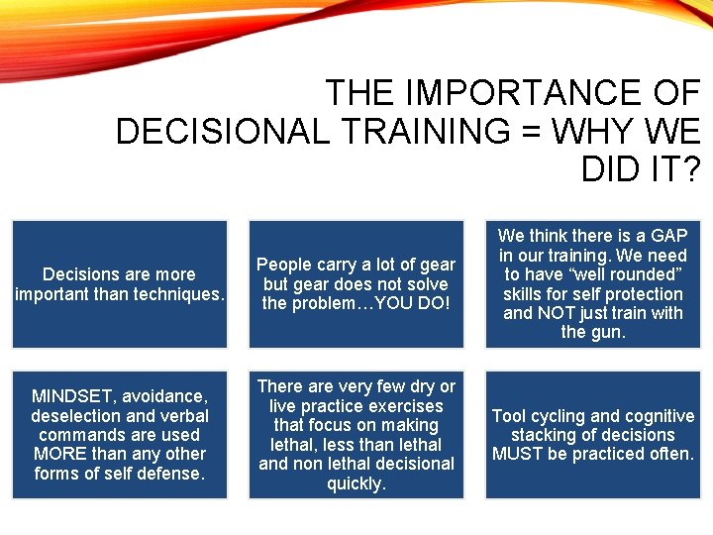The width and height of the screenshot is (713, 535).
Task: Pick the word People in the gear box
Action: pyautogui.click(x=284, y=265)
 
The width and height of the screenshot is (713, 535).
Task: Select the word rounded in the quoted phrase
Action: pyautogui.click(x=643, y=274)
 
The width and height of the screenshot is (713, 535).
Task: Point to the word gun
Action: pyautogui.click(x=606, y=332)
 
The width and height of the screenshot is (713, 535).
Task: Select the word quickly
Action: pyautogui.click(x=356, y=483)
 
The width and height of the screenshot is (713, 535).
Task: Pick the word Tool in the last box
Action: pyautogui.click(x=509, y=416)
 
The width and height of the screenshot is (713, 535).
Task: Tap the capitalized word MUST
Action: pyautogui.click(x=517, y=454)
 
